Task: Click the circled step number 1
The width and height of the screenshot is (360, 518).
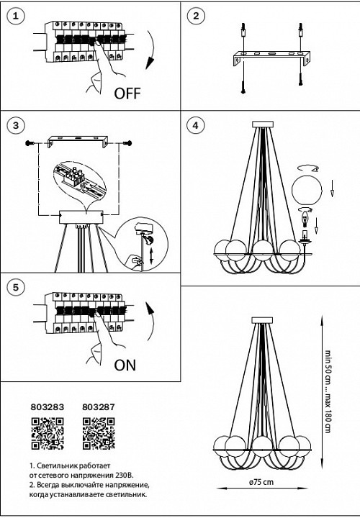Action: [x=16, y=16]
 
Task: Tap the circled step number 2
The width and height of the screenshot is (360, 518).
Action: [x=196, y=16]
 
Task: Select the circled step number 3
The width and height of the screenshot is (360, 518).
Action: [x=16, y=125]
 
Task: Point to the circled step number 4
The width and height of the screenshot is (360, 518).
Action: [x=196, y=125]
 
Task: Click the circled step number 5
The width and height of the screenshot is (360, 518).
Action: [x=16, y=287]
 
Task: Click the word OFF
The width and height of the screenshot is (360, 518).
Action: [x=127, y=94]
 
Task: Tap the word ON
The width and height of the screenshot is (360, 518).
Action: [x=125, y=365]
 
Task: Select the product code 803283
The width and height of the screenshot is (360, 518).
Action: [x=48, y=407]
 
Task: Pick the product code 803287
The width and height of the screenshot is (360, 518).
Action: [x=99, y=407]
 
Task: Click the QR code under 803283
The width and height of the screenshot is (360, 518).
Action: [x=48, y=433]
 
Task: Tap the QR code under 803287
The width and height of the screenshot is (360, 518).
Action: [x=99, y=433]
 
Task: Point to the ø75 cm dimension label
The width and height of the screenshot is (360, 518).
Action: [x=261, y=481]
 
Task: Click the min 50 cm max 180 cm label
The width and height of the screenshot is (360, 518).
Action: [x=328, y=391]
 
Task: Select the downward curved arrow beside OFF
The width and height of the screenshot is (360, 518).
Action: [x=151, y=50]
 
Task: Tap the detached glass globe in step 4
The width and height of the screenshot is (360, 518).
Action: [x=307, y=191]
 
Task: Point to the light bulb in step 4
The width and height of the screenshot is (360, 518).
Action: [x=305, y=219]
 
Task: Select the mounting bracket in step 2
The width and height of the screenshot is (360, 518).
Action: [x=271, y=58]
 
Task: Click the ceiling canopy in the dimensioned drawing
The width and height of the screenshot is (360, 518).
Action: [x=262, y=320]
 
